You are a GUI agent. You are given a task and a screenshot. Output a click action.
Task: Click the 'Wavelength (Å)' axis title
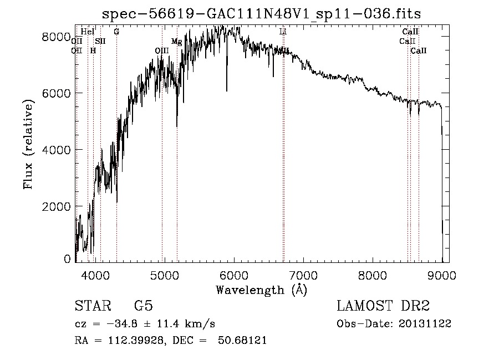pos(261,290)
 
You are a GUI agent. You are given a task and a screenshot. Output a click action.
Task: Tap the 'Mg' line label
pos(176,42)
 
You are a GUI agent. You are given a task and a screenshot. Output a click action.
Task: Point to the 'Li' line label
pos(283,32)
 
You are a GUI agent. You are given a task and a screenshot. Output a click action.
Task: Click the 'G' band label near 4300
pos(116,32)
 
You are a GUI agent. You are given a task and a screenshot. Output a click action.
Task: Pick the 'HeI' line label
pos(88,32)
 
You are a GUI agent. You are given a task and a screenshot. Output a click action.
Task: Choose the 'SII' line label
pos(100,41)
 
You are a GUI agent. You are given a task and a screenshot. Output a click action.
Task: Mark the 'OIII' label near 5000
pos(162,50)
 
